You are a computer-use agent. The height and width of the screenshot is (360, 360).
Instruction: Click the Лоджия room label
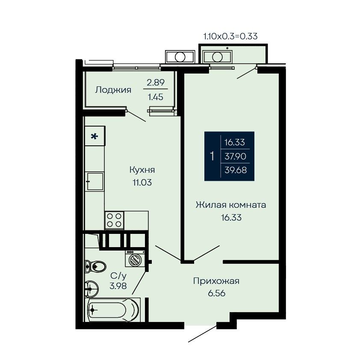tap(113, 90)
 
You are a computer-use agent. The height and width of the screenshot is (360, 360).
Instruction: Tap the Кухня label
tap(142, 170)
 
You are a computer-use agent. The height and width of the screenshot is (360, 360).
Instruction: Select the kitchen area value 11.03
tap(142, 183)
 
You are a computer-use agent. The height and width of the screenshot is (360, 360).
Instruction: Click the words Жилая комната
tap(231, 204)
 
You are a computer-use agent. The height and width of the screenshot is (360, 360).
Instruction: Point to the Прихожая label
tap(216, 281)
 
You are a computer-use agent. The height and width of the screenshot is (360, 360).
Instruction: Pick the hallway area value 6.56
tap(216, 293)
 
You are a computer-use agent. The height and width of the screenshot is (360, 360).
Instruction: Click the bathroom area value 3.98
tap(118, 286)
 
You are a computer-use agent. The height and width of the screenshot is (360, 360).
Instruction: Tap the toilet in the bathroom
tap(95, 266)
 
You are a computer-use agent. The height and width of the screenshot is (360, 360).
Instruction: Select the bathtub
tap(112, 310)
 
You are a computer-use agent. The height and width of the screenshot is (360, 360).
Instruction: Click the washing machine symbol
tap(135, 259)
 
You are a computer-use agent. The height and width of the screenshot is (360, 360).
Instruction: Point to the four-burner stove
tap(114, 220)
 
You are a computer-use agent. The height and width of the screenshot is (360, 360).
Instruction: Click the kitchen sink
tap(94, 181)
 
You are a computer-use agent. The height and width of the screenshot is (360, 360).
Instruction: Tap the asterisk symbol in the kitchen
tap(94, 137)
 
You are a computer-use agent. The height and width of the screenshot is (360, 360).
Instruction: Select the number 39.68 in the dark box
tap(236, 170)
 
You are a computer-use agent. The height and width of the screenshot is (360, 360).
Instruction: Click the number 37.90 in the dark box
tap(235, 156)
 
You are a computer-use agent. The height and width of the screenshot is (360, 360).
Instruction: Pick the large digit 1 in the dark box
tap(212, 156)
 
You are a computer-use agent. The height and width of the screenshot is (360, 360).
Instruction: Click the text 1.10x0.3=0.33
tap(230, 36)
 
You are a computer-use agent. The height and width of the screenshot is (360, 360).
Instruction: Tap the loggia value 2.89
tap(156, 82)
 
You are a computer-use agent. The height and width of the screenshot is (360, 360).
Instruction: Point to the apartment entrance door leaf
tap(202, 333)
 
